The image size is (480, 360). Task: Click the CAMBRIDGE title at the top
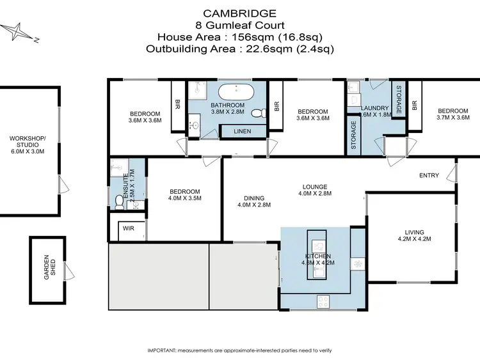coord(241,12)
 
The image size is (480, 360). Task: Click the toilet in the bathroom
coord(257,114)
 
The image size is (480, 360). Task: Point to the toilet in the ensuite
coord(118,202)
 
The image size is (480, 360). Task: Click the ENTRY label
coord(429,176)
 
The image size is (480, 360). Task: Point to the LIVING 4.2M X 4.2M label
coord(414,236)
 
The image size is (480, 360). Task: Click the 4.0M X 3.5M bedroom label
coord(185,195)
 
